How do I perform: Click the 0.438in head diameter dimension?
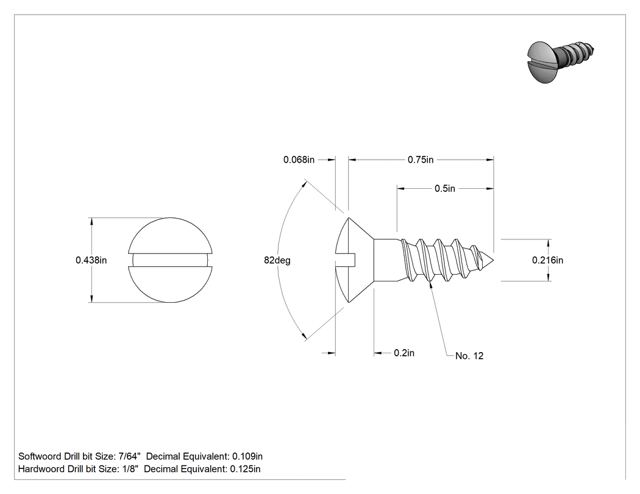tap(91, 260)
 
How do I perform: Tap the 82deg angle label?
tap(277, 260)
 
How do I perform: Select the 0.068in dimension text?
tap(299, 160)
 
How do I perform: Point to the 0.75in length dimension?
tap(421, 160)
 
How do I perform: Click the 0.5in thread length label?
tap(444, 188)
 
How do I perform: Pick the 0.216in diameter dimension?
tap(547, 260)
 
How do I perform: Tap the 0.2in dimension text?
tap(404, 353)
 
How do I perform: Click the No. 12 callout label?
tap(469, 356)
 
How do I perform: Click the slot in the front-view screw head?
tap(170, 260)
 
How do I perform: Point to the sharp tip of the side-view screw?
tap(494, 260)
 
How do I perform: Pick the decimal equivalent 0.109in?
tap(247, 456)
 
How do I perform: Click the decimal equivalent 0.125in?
tap(245, 469)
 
